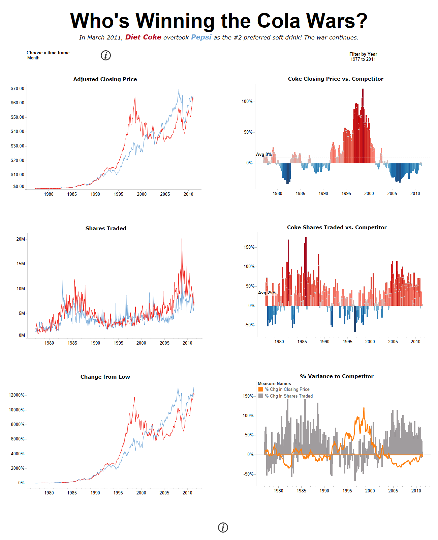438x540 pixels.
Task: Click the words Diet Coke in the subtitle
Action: coord(143,37)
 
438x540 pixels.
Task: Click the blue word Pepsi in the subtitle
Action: coord(201,37)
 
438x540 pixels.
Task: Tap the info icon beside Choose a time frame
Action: coord(106,55)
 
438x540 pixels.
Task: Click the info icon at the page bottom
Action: coord(223,527)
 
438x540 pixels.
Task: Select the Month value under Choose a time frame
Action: coord(33,58)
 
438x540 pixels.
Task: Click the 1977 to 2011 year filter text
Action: coord(363,59)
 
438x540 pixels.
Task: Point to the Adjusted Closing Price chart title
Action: coord(105,79)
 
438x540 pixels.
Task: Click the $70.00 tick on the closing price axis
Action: coord(18,89)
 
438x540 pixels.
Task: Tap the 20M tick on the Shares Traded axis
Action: coord(21,239)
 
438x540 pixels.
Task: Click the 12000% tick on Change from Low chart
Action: coord(17,395)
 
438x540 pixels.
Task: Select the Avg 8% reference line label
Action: coord(263,155)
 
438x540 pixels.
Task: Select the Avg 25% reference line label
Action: coord(267,293)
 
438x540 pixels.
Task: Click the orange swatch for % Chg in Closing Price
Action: coord(261,389)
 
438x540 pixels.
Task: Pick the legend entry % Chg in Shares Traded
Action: coord(288,396)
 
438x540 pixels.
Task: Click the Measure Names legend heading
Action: coord(274,384)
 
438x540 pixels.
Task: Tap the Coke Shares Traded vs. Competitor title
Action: coord(337,227)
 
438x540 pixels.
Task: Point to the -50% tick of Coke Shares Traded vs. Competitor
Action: coord(249,325)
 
